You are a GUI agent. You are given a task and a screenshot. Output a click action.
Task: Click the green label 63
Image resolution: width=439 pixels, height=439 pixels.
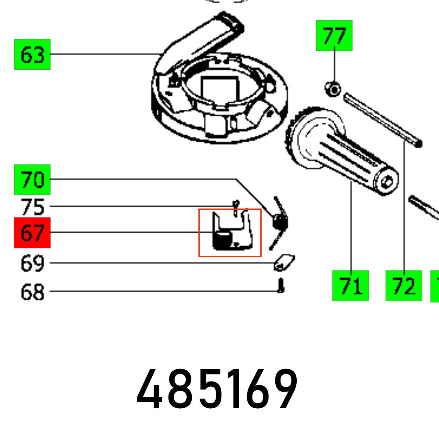[x=32, y=54]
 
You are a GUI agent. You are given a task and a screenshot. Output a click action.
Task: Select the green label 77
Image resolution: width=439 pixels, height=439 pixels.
[x=334, y=36]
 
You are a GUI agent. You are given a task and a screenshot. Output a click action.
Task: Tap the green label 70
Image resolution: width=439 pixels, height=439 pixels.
[x=32, y=180]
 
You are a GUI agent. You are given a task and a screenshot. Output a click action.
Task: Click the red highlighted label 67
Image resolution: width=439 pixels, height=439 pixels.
[x=32, y=233]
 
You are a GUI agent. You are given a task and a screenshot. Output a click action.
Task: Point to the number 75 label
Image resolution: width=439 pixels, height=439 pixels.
[x=32, y=207]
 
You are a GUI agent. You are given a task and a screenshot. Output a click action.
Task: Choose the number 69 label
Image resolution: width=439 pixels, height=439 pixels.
[x=32, y=263]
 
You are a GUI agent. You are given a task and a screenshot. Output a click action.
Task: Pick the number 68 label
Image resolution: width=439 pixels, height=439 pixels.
[x=32, y=291]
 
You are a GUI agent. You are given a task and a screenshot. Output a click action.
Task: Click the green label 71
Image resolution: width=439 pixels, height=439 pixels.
[x=350, y=286]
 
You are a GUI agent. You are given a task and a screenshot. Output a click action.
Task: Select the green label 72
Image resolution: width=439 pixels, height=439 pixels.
[x=403, y=286]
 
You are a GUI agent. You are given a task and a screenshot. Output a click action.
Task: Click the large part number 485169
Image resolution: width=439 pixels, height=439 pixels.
[x=217, y=389]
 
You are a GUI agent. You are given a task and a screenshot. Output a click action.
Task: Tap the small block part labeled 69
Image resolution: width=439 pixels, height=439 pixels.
[x=284, y=263]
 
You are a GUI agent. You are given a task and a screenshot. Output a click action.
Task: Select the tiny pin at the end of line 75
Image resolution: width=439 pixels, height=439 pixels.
[x=236, y=207]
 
